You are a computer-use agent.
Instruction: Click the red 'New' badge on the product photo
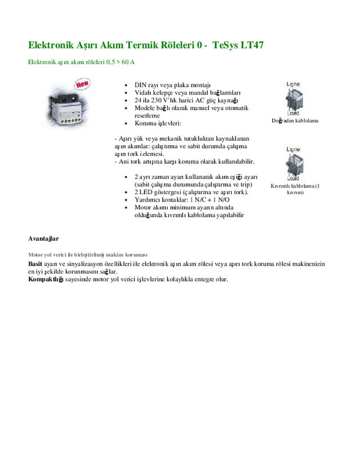(83, 84)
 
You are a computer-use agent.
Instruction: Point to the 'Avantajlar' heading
(43, 239)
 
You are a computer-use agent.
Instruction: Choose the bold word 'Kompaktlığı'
(46, 279)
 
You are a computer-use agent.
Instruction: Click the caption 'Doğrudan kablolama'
(295, 120)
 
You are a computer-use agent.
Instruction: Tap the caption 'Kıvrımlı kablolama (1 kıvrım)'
(295, 189)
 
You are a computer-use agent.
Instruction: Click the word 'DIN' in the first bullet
(140, 84)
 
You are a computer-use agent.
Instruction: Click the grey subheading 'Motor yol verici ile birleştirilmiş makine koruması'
(88, 254)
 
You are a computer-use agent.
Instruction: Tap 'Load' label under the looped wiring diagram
(293, 179)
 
